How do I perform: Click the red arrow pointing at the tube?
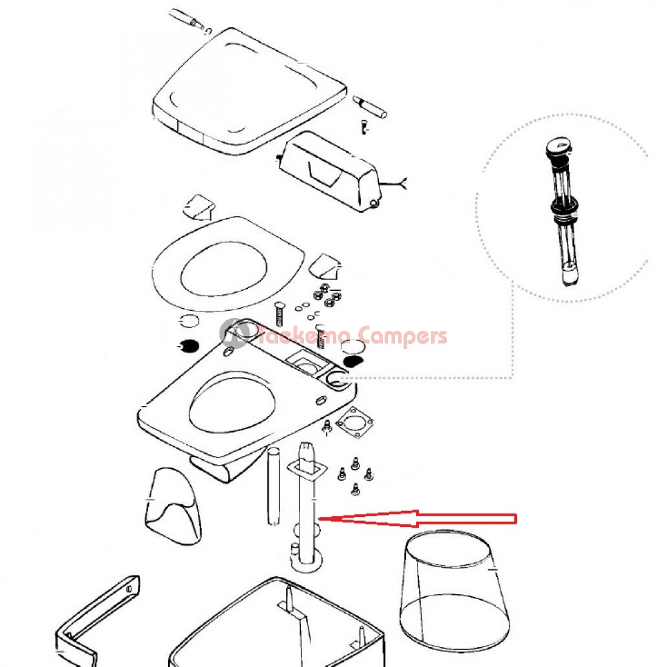[417, 518]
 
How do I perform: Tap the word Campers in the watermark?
[402, 337]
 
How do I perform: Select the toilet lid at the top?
[249, 91]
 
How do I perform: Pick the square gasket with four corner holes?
[355, 423]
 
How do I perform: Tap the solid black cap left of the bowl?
[188, 346]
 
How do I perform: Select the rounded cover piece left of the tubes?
[173, 506]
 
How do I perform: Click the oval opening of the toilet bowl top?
[232, 402]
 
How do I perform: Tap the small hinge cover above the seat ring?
[199, 207]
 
